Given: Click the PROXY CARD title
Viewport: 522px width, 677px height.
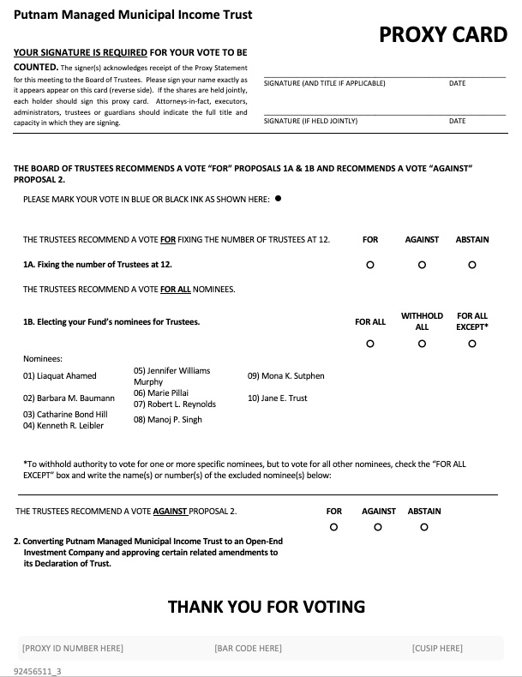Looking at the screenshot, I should [x=443, y=34].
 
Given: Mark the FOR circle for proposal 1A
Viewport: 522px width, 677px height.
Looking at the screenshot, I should [x=369, y=265].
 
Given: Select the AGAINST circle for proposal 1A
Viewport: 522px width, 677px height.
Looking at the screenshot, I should [x=422, y=265].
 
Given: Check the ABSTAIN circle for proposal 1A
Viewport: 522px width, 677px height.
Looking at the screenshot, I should [x=472, y=265].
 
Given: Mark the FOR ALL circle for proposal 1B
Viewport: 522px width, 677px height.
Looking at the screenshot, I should [x=369, y=344].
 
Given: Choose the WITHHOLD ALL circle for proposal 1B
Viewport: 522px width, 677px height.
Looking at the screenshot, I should [x=422, y=344].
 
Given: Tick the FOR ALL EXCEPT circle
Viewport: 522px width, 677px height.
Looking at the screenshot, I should [x=472, y=344].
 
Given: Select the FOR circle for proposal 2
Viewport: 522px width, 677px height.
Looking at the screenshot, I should [x=334, y=527].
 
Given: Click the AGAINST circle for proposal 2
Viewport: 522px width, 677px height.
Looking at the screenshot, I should [x=378, y=527].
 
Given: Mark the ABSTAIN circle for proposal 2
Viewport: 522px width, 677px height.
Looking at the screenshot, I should [x=424, y=527].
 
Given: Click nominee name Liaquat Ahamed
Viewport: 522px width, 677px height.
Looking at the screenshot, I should [x=60, y=375].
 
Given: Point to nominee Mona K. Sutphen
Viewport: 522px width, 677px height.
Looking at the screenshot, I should [x=286, y=375].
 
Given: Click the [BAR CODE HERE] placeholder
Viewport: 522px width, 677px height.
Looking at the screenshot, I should [x=248, y=648].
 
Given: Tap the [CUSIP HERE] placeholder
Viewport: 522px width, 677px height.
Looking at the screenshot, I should [x=436, y=648].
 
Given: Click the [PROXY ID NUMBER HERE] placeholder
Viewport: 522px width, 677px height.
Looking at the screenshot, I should [x=73, y=648].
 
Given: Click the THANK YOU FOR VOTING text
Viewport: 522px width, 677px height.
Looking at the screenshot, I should [x=266, y=607].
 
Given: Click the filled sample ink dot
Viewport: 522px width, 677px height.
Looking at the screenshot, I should [x=278, y=199].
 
